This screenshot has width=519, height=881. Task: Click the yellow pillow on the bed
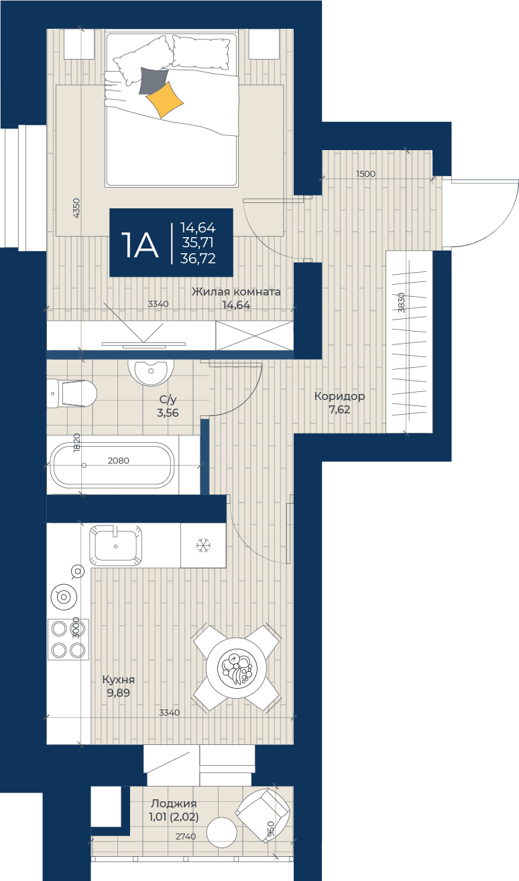pos(164,100)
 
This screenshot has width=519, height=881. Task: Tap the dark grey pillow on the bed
pos(153,80)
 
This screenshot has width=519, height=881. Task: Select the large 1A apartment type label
pos(140,245)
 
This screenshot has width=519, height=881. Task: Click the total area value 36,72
pos(198,259)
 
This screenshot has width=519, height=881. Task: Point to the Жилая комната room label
pos(236,292)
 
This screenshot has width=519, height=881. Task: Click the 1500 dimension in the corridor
pos(365,174)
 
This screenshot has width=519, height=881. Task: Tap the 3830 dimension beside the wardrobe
pos(401,303)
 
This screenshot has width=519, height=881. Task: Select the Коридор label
pos(339,396)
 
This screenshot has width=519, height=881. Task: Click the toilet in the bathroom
pos(72,393)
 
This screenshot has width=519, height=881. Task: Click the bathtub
pos(112,465)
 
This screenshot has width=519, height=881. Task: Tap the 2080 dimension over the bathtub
pos(118,460)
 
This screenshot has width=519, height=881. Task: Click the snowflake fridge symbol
pos(204,545)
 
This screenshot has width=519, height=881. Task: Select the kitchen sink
pos(116,545)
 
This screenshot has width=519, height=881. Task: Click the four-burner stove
pos(68,639)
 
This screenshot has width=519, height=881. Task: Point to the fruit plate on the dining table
pos(237,669)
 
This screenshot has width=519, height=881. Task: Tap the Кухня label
pos(119,679)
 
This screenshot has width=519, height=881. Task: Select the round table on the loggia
pos(222,832)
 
